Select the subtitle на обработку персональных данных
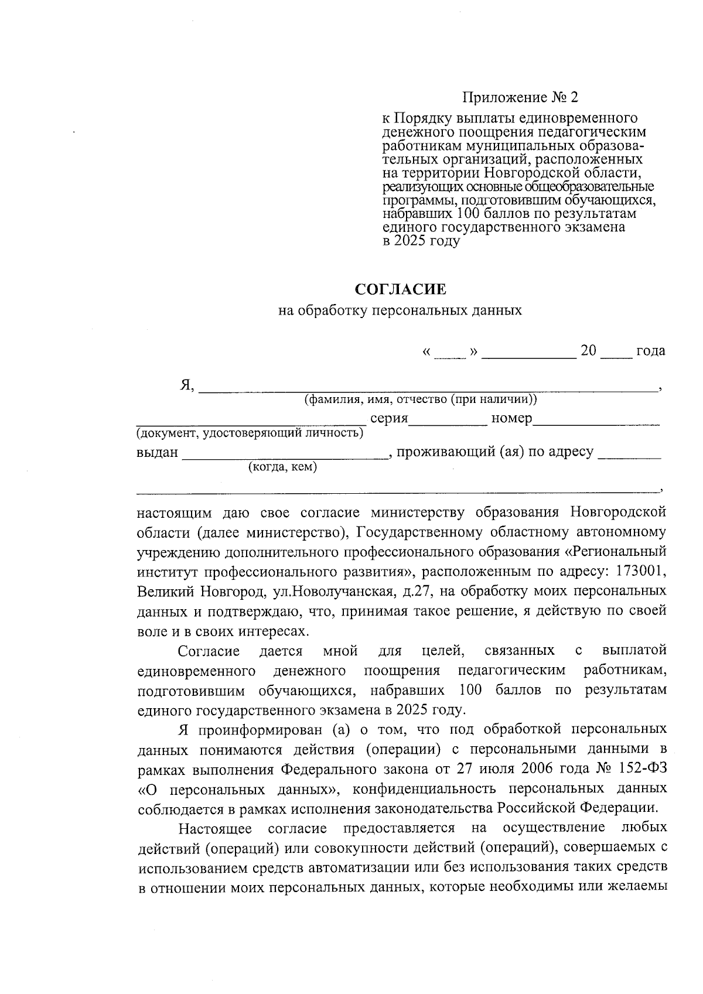(x=400, y=310)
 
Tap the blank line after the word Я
(x=428, y=387)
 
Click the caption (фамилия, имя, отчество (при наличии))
(x=420, y=400)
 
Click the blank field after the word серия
(x=448, y=421)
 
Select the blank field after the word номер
(x=596, y=421)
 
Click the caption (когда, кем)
(x=283, y=467)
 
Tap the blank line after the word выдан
(x=285, y=455)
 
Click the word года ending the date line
(x=650, y=351)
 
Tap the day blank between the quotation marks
(x=450, y=353)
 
